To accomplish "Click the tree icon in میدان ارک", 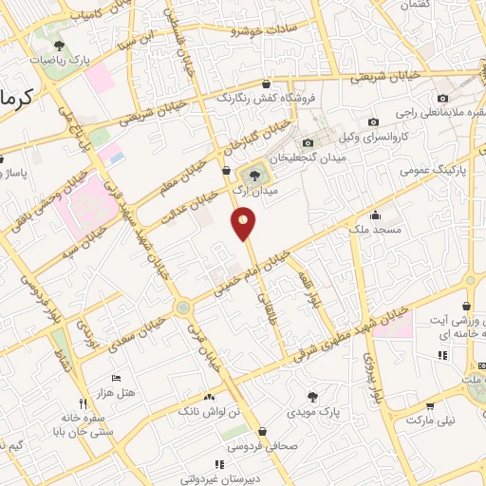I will [252, 174].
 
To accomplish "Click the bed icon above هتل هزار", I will [116, 378].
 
